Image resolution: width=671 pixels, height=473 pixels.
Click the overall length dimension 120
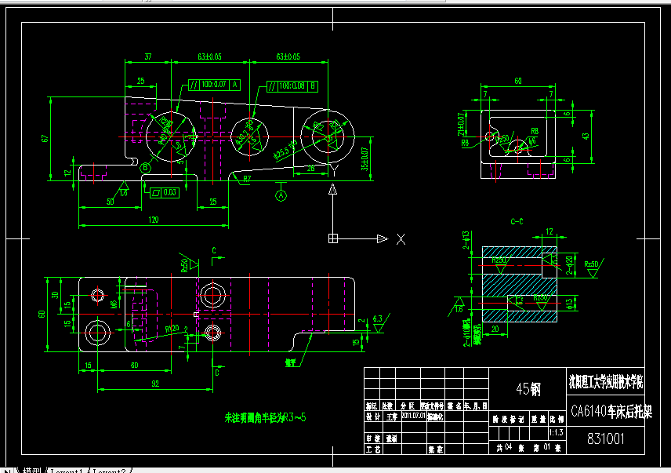(152, 220)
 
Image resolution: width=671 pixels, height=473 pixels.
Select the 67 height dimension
(45, 139)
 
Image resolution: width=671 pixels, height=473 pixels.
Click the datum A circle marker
(281, 194)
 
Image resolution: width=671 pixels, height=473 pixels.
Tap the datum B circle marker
(145, 167)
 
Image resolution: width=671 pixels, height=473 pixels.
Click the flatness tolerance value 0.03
(170, 191)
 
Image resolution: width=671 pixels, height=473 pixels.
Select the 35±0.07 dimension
(364, 158)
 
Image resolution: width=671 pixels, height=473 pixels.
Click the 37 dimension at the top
(148, 56)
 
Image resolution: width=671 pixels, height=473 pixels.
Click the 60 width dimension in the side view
(517, 81)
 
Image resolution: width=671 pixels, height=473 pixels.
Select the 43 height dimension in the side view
(584, 136)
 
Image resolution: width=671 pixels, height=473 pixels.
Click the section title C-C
(517, 222)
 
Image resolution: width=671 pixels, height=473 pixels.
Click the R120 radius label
(174, 329)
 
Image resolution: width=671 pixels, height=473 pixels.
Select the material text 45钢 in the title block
(528, 387)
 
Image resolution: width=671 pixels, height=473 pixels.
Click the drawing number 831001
(606, 440)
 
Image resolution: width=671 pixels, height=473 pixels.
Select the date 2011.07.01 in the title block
(412, 416)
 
